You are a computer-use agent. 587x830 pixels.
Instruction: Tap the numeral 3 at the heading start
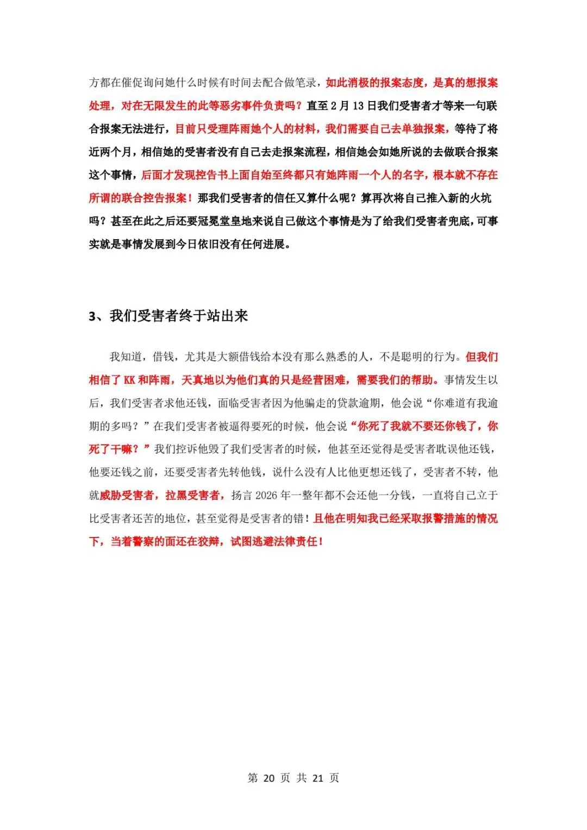coord(92,316)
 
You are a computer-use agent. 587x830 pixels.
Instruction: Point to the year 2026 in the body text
coord(266,495)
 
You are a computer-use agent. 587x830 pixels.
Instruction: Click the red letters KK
coord(129,380)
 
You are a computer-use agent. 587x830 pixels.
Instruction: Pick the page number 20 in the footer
coord(268,778)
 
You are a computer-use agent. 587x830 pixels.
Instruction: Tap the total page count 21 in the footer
coord(318,778)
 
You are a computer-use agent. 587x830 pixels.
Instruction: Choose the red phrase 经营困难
coord(323,380)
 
